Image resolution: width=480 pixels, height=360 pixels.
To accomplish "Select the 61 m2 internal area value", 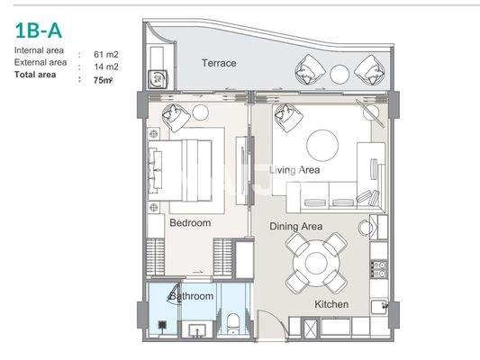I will [x=106, y=54].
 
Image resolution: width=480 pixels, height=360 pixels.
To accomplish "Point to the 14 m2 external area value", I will [x=106, y=66].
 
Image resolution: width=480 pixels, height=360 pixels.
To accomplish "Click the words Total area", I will [x=35, y=76].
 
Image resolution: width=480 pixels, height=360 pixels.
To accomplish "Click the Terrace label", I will [x=218, y=63].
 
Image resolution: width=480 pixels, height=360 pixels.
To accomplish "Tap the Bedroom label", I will [x=189, y=222].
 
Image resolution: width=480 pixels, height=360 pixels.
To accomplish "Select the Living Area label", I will [x=296, y=168].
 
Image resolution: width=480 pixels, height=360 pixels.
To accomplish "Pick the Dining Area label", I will [x=295, y=227].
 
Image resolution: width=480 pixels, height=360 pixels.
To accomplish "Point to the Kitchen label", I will [x=331, y=305].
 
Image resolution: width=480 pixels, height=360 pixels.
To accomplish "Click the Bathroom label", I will [x=192, y=296].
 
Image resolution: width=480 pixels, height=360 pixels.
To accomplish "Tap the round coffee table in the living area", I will [x=321, y=144].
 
